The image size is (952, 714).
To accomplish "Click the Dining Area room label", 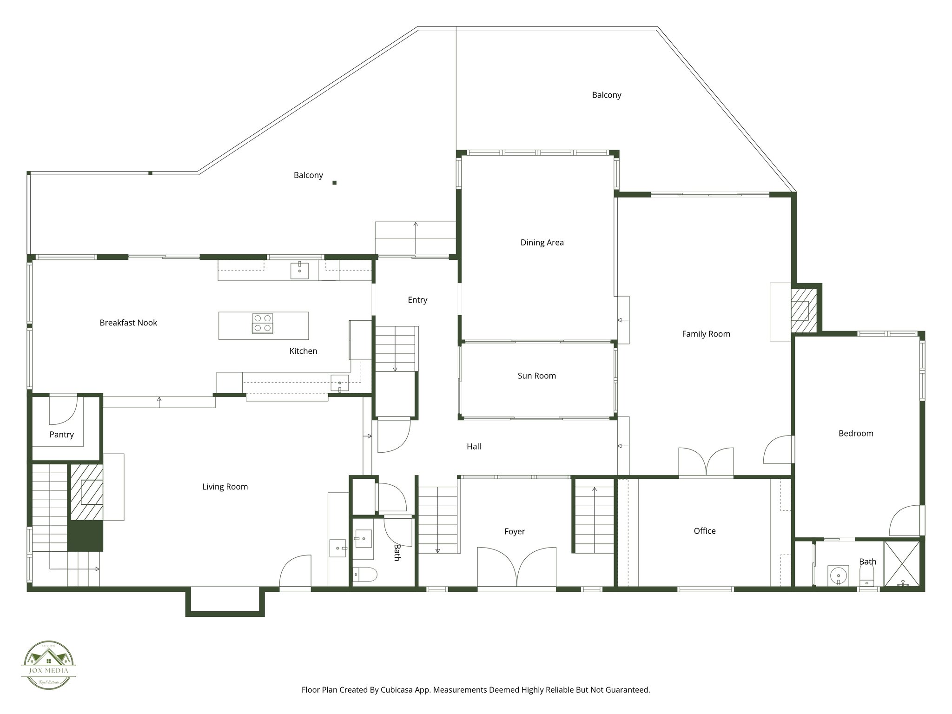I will point(542,242).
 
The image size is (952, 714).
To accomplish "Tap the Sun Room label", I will point(536,376).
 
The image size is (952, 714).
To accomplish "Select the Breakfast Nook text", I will point(128,323).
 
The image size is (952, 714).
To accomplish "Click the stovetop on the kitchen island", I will point(263,323).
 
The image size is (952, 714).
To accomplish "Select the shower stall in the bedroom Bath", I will point(902,565).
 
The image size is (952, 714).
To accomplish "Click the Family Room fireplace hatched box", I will point(803,310).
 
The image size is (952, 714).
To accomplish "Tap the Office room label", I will point(704,531).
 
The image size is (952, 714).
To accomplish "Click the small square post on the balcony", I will point(334,183).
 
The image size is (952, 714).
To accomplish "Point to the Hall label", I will point(474,446).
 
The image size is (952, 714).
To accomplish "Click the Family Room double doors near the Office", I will point(706,463).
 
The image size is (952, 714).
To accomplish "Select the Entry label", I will point(417,300).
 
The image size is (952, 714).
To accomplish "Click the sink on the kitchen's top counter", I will point(299,271).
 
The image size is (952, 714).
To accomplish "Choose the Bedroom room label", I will point(855,433).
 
